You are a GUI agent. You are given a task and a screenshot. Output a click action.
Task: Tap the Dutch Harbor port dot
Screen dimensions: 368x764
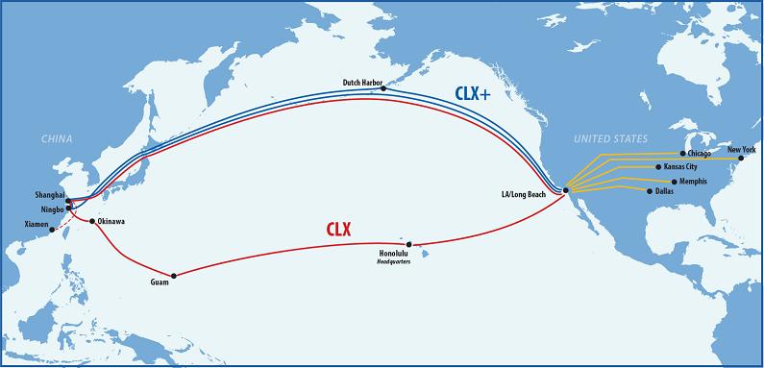coord(383,88)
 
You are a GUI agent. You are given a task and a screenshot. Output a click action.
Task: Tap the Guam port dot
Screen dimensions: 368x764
coord(173,273)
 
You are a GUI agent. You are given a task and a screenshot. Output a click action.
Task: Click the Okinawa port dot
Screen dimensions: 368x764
coord(92,221)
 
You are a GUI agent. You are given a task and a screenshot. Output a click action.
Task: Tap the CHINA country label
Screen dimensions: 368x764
coord(57,140)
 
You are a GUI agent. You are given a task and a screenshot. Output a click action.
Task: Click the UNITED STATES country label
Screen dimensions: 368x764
coord(610,139)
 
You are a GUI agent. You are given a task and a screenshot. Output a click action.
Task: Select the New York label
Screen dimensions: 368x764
coord(741,149)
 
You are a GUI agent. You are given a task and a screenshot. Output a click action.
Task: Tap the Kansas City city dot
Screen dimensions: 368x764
coord(658,167)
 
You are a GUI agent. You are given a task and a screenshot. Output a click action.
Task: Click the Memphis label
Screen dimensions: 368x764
coord(690,181)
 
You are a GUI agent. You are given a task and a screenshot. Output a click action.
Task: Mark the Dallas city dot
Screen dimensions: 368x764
coord(652,191)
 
